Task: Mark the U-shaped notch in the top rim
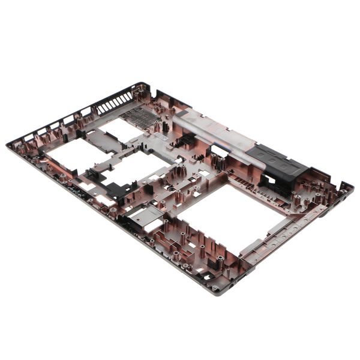tap(157, 95)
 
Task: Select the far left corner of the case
tap(8, 145)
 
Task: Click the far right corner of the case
tap(352, 185)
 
